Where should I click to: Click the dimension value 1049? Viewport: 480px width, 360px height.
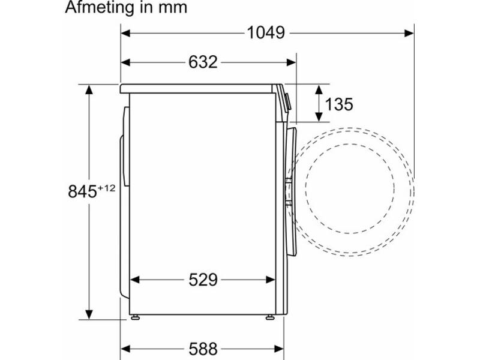pos(266,32)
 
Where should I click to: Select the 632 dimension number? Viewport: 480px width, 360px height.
pos(203,62)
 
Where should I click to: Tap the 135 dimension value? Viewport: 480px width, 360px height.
pos(339,104)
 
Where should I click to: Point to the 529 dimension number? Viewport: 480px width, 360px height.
pos(203,280)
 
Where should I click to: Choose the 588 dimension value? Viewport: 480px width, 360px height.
pos(203,349)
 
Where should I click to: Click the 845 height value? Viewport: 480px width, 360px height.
pos(82,191)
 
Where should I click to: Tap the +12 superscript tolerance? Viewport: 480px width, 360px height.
pos(107,188)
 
